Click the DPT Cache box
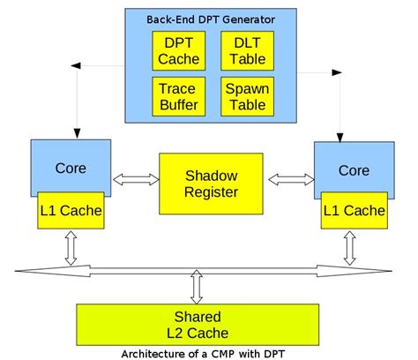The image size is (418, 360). [x=177, y=51]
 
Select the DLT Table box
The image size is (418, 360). [x=242, y=51]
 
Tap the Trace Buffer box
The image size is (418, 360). [x=177, y=97]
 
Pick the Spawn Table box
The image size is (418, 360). [x=242, y=97]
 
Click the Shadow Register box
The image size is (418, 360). [x=210, y=183]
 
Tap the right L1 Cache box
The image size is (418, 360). [x=353, y=210]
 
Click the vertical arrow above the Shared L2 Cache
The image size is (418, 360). [x=196, y=286]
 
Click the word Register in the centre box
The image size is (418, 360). [x=210, y=192]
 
